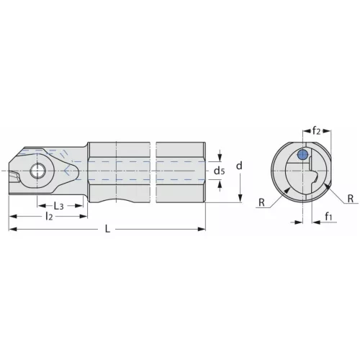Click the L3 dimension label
tap(58, 206)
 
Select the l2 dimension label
tap(49, 217)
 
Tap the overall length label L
tap(108, 229)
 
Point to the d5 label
tap(220, 171)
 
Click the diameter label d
tap(239, 166)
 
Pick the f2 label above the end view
tap(316, 131)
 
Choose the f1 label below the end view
tap(329, 217)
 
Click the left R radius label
tap(261, 202)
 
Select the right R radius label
tap(351, 199)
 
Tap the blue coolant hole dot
tap(302, 155)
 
